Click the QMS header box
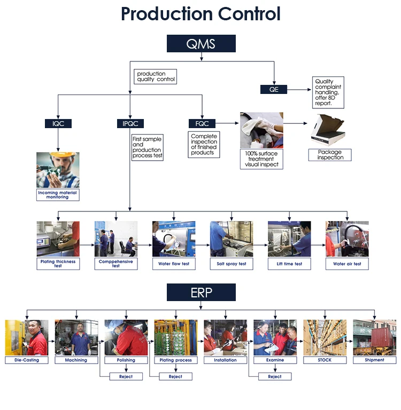coord(201,43)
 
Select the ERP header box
coord(201,293)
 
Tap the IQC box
coord(58,123)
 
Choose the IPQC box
coord(130,123)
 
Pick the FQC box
coord(202,123)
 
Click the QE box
coord(274,90)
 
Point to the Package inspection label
coord(330,155)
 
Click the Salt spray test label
coord(232,264)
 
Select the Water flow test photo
coord(174,239)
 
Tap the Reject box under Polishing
coord(126,376)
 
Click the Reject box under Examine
coord(275,376)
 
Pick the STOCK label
coord(325,360)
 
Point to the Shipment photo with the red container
coord(375,337)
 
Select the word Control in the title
coord(249,13)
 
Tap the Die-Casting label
coord(27,360)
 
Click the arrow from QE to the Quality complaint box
coord(299,90)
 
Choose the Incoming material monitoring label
coord(58,195)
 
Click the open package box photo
coord(327,130)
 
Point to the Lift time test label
coord(289,264)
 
